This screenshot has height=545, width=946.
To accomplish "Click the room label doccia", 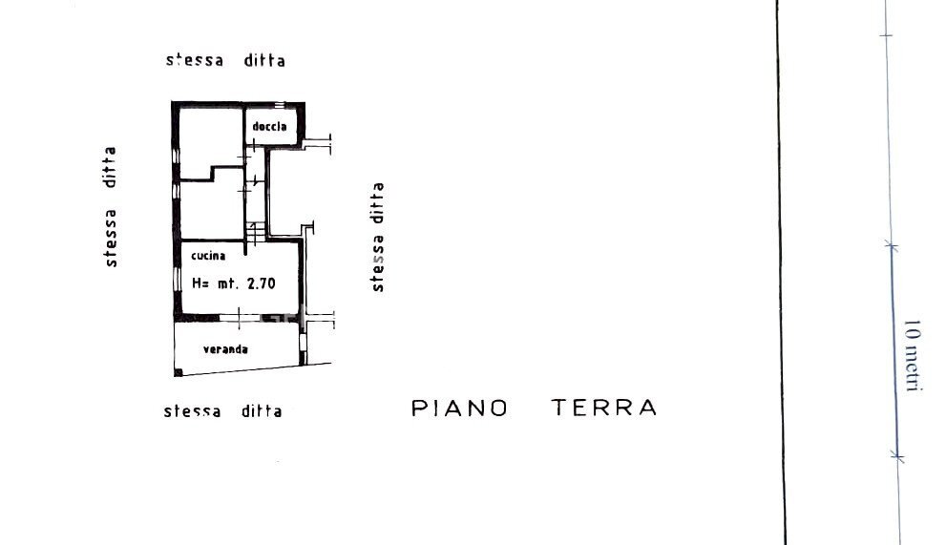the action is (269, 126).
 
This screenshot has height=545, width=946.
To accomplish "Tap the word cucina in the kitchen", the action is (208, 255).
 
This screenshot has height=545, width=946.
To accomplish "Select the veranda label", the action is (225, 348).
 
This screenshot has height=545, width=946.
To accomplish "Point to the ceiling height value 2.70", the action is (262, 283).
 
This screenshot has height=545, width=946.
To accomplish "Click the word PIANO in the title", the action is (460, 408).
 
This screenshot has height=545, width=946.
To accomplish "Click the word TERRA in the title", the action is (604, 408).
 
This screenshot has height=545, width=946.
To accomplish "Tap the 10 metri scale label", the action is (913, 355).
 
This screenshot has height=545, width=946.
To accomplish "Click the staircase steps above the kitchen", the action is (256, 232).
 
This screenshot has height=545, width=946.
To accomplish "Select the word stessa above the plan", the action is (195, 60).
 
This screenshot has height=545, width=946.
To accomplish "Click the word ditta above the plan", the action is (264, 60).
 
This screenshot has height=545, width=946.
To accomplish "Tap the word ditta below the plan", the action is (262, 411).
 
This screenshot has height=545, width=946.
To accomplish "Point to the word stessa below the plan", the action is (193, 411).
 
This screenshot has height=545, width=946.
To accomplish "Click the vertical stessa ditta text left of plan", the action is (110, 206).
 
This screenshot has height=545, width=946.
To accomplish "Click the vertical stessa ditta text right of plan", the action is (377, 238).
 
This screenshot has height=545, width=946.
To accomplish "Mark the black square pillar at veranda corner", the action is (178, 372).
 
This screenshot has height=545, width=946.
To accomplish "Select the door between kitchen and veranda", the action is (241, 318).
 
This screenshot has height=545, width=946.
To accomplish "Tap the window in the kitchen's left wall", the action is (177, 280).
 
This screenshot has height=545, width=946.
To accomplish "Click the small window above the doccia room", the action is (280, 105).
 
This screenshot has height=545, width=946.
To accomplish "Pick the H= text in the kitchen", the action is (200, 283).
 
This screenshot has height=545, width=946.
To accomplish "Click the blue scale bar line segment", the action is (894, 352).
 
